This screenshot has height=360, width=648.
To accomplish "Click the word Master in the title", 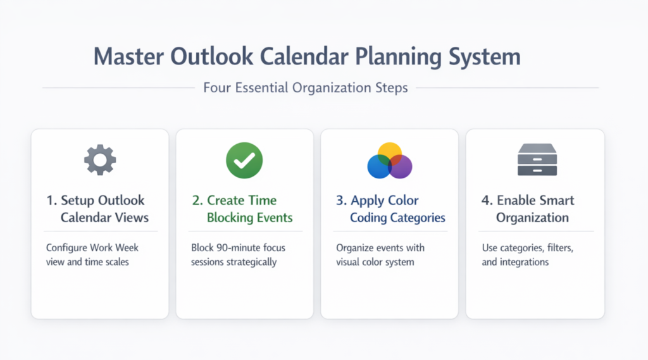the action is pos(128,56).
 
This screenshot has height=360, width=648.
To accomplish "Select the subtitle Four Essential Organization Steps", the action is pos(306,87).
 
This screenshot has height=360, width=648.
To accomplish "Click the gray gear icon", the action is pos(100,160).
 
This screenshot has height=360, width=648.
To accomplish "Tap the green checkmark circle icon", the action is pos(244,160).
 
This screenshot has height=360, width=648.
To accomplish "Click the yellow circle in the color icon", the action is pos(390,153).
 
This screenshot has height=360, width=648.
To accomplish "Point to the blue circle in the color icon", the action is pos(379,166).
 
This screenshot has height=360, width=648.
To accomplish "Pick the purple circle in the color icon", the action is pos(401,166).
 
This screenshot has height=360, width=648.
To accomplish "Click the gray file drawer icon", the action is pos(537,159).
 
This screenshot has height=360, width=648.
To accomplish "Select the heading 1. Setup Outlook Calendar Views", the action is pos(97,209).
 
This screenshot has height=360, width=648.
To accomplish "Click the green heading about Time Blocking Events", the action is pos(242,209).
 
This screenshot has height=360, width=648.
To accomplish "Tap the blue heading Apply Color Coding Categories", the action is pos(390,209).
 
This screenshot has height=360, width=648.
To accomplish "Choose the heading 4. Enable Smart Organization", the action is pos(528,209).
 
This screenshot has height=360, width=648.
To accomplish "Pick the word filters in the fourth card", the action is pos(560,248).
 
